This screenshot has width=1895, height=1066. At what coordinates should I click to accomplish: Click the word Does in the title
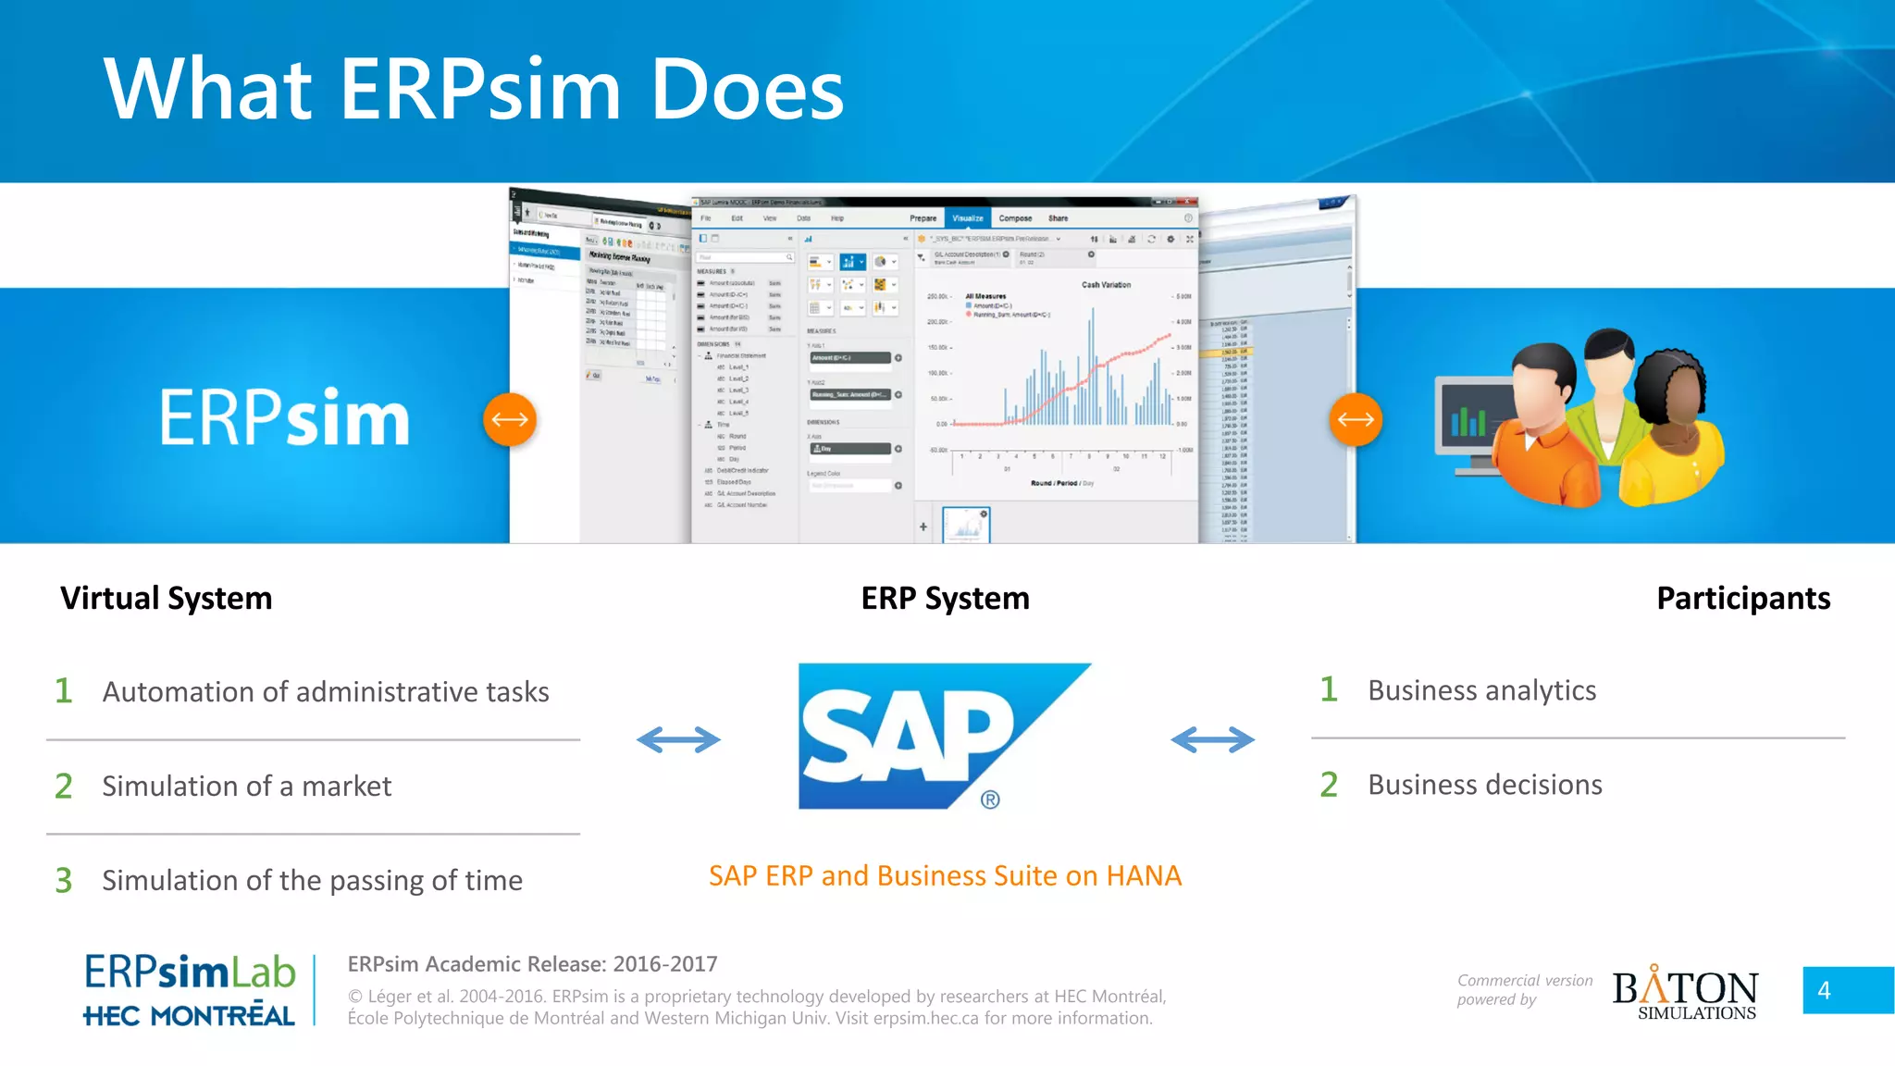click(x=748, y=90)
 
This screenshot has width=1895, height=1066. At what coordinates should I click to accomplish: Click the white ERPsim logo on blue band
click(x=284, y=418)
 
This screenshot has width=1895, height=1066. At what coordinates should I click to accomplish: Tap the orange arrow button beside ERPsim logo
click(x=510, y=419)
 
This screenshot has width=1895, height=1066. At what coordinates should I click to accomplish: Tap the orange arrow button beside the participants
click(x=1356, y=419)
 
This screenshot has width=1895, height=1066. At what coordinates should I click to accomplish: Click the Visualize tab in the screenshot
click(x=968, y=218)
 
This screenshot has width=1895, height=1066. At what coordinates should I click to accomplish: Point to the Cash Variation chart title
click(x=1106, y=285)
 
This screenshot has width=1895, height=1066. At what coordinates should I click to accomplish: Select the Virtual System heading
click(x=167, y=599)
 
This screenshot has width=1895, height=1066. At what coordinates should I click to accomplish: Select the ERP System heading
click(x=945, y=599)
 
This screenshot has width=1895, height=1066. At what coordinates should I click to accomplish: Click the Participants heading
click(x=1742, y=599)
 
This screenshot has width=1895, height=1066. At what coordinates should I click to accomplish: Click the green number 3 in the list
click(x=63, y=880)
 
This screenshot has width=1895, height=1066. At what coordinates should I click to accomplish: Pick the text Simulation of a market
click(x=247, y=787)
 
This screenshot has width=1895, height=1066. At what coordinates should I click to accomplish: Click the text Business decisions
click(x=1484, y=785)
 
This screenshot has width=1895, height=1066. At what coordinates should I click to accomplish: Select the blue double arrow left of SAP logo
click(x=678, y=739)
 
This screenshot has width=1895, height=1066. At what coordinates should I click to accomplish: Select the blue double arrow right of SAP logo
click(x=1212, y=739)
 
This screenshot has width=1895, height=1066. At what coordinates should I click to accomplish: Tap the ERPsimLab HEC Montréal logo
click(x=190, y=990)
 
